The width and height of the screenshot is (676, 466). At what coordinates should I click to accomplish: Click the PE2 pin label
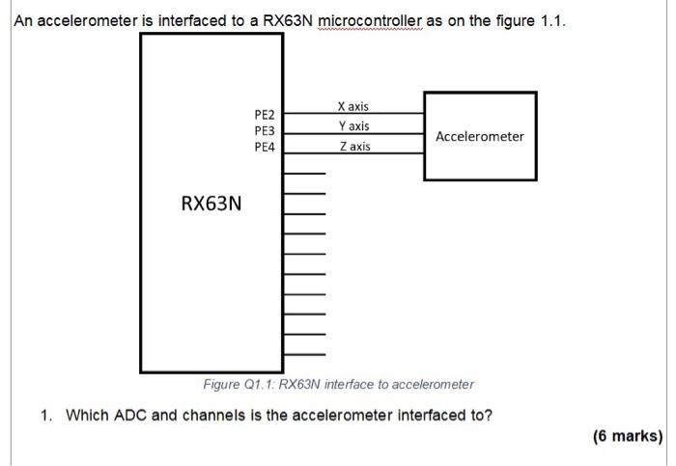[x=265, y=115]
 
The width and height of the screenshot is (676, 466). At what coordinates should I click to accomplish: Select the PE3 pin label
[x=265, y=130]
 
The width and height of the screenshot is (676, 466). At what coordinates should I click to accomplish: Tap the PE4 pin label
[x=265, y=147]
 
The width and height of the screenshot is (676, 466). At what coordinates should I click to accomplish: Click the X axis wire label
[x=353, y=106]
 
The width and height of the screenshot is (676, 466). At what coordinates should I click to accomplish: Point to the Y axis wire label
[x=354, y=126]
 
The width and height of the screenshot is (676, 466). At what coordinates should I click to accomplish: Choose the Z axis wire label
[x=354, y=147]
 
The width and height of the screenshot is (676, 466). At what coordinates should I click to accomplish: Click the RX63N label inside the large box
[x=211, y=204]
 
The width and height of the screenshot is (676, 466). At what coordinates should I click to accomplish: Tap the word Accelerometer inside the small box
[x=480, y=137]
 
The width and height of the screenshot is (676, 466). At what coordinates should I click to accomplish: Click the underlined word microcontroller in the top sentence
[x=370, y=20]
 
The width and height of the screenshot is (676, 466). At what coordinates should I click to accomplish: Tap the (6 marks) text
[x=628, y=436]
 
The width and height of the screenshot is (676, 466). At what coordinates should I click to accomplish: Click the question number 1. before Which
[x=46, y=415]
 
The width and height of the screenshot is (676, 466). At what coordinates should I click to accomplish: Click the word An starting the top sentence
[x=23, y=20]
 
